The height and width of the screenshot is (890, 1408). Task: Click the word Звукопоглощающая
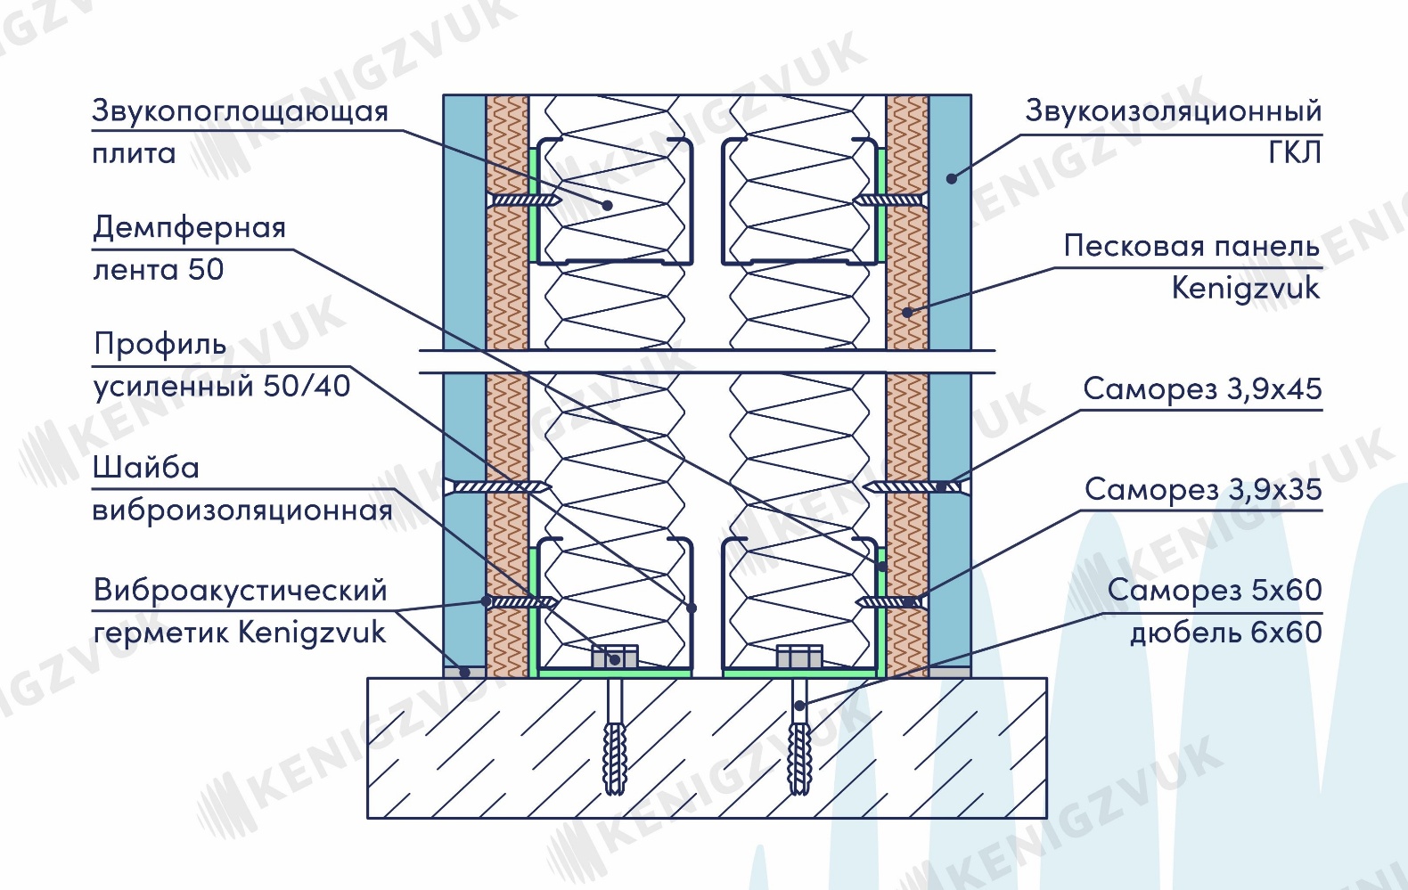pyautogui.click(x=240, y=112)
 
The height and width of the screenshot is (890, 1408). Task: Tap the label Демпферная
pyautogui.click(x=189, y=228)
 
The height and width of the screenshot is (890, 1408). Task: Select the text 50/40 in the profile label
pyautogui.click(x=307, y=386)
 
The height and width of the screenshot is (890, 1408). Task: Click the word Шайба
pyautogui.click(x=146, y=468)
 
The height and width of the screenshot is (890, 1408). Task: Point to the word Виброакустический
pyautogui.click(x=240, y=591)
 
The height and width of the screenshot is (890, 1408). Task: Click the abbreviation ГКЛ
pyautogui.click(x=1295, y=152)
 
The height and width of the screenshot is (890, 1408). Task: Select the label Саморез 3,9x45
pyautogui.click(x=1202, y=389)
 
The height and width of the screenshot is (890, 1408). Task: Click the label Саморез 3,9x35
pyautogui.click(x=1203, y=490)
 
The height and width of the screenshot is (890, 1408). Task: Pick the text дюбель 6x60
pyautogui.click(x=1225, y=633)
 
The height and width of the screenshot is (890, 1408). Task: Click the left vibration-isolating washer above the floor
pyautogui.click(x=615, y=657)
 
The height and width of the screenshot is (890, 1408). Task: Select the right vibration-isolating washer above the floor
pyautogui.click(x=799, y=657)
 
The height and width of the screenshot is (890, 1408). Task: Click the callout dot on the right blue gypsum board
pyautogui.click(x=952, y=178)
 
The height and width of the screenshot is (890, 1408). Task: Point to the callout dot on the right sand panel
pyautogui.click(x=908, y=312)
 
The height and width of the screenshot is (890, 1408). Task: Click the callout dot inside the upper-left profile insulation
pyautogui.click(x=607, y=205)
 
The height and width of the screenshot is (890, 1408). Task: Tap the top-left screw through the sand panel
pyautogui.click(x=524, y=200)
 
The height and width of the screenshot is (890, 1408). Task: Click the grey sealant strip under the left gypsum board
pyautogui.click(x=464, y=672)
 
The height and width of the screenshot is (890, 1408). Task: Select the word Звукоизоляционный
pyautogui.click(x=1174, y=112)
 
